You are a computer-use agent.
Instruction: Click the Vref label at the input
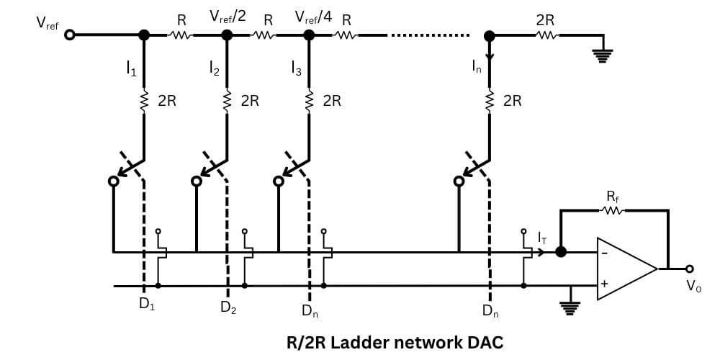48,22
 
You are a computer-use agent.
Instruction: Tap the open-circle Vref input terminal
70,35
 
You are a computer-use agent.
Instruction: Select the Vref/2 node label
228,17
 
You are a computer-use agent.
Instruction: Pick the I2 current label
215,68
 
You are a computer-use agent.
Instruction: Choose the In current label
477,68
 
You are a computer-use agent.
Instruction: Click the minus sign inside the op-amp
604,252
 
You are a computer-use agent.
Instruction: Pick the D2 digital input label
228,309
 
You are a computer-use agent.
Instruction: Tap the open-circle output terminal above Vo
690,269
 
